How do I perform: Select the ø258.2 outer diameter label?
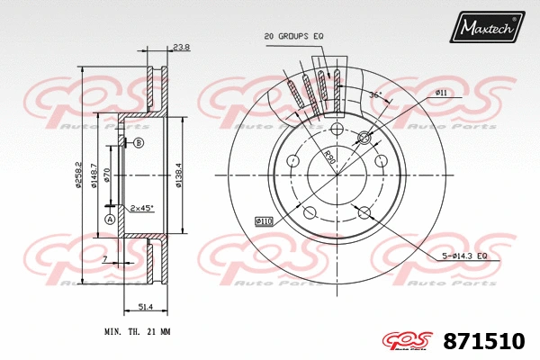coord(79,175)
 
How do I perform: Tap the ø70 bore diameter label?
coord(107,175)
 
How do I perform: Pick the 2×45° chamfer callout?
coord(141,208)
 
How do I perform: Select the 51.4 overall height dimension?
coord(144,307)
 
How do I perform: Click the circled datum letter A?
coord(110,220)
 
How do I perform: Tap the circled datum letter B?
coord(139,144)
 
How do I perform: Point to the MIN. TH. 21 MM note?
coord(137,332)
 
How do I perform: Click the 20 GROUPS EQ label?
coord(292,36)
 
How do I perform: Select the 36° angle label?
coord(375,94)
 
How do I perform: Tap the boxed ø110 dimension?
coord(264,220)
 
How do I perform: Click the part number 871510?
coord(484,341)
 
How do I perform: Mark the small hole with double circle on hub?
coord(364,138)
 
